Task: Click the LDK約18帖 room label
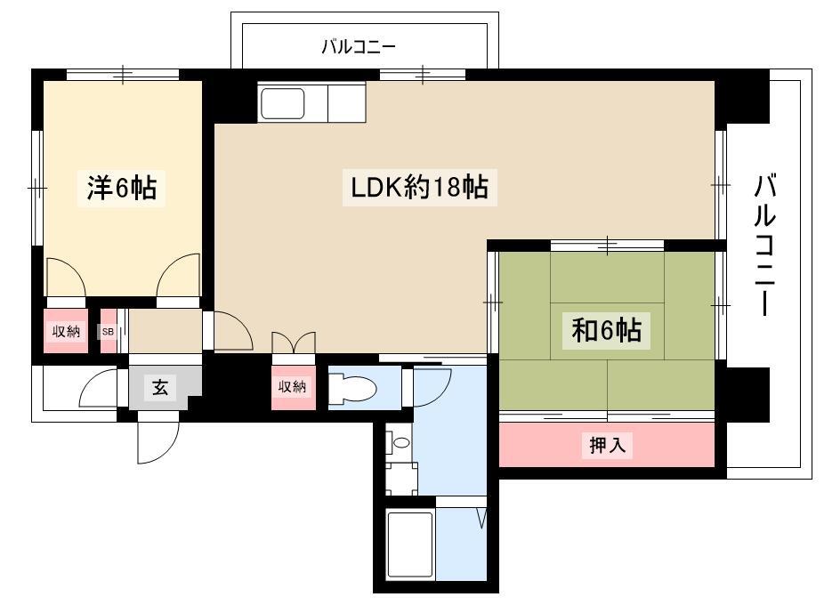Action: point(419,187)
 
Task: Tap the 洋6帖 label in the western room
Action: point(121,187)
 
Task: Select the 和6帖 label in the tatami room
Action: point(607,330)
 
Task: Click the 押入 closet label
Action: point(608,445)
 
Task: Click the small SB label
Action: point(108,332)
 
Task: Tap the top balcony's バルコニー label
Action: point(359,47)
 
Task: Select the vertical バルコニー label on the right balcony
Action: point(764,245)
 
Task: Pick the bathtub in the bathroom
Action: point(410,544)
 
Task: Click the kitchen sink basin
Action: point(282,103)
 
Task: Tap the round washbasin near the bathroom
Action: point(401,442)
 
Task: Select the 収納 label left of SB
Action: point(66,332)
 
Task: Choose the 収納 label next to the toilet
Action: point(292,387)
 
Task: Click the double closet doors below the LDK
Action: point(294,343)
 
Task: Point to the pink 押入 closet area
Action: point(607,445)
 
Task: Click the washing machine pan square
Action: point(401,479)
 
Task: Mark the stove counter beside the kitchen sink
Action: point(346,102)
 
